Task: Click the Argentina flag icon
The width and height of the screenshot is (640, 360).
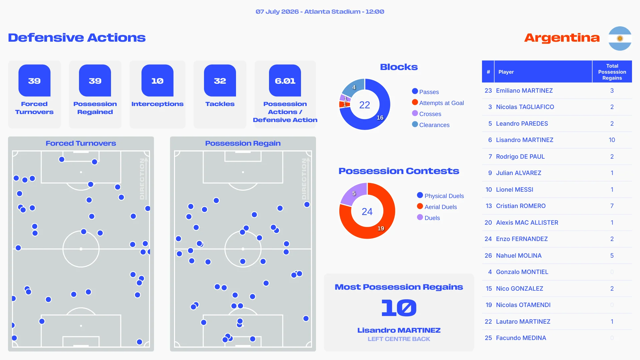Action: [x=620, y=38]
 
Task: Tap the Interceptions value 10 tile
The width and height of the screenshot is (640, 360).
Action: [x=157, y=81]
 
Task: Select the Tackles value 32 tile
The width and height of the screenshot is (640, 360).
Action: [x=220, y=81]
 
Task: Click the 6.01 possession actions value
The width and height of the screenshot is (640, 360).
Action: [x=285, y=81]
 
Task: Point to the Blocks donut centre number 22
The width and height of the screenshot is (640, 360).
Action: [x=365, y=105]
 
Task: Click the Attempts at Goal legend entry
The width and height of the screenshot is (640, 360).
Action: [x=438, y=103]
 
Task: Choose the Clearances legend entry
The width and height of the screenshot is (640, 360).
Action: [x=431, y=125]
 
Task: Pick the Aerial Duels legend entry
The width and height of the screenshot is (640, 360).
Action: [x=437, y=207]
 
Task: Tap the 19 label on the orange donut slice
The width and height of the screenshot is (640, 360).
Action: [x=381, y=228]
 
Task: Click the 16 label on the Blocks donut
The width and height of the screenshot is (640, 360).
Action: [x=380, y=118]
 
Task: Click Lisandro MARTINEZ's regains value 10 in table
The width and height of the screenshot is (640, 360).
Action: [x=612, y=140]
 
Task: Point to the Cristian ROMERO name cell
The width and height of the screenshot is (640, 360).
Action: [x=521, y=206]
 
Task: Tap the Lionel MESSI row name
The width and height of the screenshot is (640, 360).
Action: [x=514, y=190]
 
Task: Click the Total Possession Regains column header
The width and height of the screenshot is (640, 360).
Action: [x=612, y=72]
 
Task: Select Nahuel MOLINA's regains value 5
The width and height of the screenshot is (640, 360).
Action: [x=612, y=256]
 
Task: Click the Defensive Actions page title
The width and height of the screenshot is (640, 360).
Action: [x=77, y=38]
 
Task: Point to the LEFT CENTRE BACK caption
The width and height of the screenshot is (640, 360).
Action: [x=399, y=339]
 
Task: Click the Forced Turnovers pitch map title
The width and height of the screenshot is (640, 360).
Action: [x=81, y=143]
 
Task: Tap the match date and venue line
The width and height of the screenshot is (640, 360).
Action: [x=320, y=12]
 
